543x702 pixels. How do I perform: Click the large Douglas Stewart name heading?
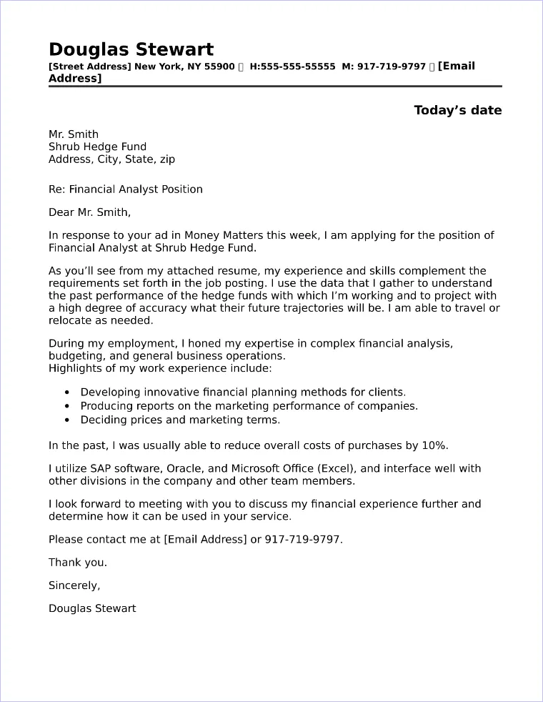pos(131,49)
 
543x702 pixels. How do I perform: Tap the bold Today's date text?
pos(457,110)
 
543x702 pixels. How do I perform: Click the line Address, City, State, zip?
pos(111,159)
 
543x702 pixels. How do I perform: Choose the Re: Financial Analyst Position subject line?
pos(126,189)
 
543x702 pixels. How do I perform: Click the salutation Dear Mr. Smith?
pos(90,212)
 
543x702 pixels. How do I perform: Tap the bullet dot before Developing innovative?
pos(67,392)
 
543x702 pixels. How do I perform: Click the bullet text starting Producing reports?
pos(249,406)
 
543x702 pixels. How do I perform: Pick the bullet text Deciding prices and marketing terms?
pos(180,420)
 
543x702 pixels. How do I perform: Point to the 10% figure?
pos(434,445)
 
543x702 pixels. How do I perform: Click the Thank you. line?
pos(78,562)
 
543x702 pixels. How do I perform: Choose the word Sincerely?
pos(74,585)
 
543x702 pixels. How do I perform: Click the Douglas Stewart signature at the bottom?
pos(92,608)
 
